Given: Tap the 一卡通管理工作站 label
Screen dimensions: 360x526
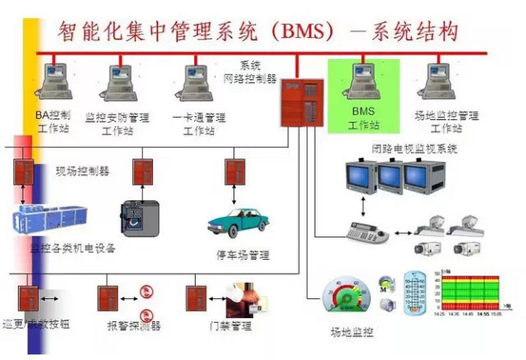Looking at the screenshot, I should [198, 123].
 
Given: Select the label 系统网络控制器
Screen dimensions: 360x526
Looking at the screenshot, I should [250, 72].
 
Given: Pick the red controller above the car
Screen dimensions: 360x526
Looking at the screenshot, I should [233, 172].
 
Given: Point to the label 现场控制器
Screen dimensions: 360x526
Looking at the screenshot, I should [82, 172].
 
